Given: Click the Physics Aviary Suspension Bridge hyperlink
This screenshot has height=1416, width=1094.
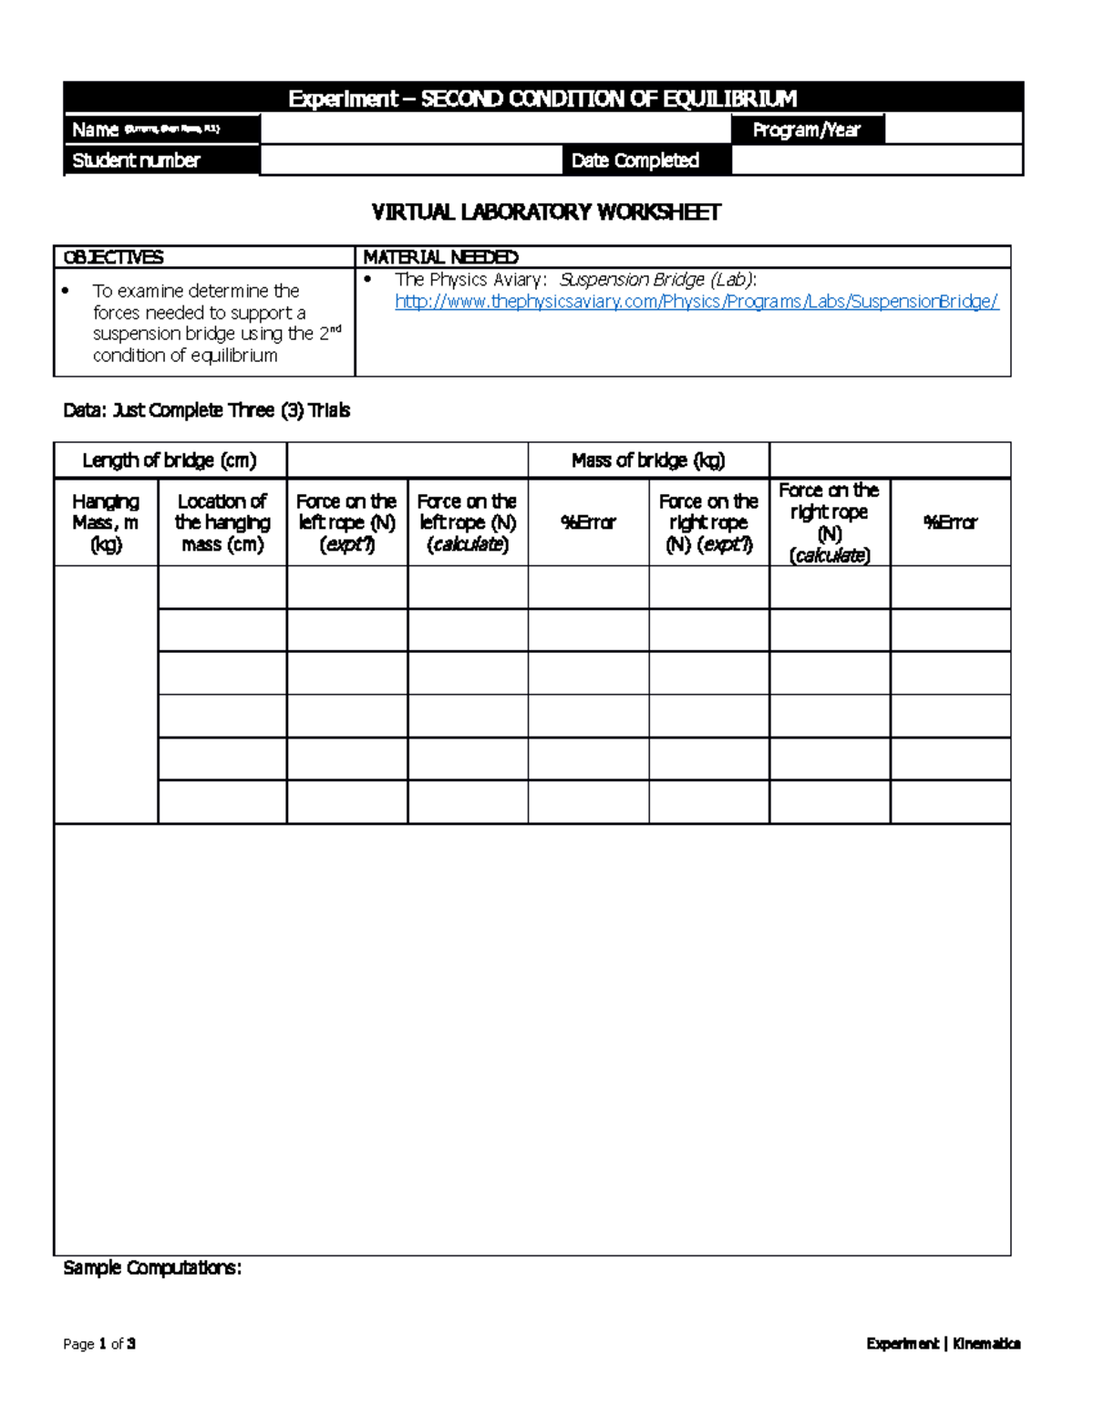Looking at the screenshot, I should (697, 302).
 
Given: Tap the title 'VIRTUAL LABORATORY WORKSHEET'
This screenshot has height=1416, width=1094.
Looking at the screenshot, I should (546, 212).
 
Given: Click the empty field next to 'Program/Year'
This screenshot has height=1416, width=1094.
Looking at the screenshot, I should (953, 129).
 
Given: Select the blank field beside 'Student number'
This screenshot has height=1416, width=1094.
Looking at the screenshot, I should (410, 160).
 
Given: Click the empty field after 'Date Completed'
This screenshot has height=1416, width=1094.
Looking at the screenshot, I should (876, 160).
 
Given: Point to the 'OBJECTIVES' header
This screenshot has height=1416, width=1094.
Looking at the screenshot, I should (113, 257).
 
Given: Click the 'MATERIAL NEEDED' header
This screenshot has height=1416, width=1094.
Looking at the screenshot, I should (440, 257).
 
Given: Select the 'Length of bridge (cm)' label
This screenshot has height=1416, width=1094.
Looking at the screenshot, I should (170, 460).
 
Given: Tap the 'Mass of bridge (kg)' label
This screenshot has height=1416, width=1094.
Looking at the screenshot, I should (648, 460).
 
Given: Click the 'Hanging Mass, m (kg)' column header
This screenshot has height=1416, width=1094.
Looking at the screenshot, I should (106, 522).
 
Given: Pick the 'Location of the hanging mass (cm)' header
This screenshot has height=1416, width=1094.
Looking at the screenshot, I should (222, 522).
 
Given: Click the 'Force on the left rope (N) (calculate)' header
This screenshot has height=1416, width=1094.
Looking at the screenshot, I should (468, 522).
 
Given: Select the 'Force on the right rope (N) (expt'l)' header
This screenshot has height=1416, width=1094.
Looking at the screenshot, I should (708, 522).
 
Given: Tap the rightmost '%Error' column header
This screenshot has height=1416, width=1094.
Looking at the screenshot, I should (950, 522).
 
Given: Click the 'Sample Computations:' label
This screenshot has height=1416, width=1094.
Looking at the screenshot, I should (152, 1268).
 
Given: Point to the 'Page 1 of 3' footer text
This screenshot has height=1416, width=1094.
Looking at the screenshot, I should (99, 1343).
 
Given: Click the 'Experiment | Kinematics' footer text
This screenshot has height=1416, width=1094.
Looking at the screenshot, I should (943, 1343).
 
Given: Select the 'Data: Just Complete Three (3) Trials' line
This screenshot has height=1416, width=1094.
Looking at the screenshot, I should (207, 410).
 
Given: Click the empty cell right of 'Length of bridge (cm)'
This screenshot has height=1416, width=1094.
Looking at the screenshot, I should (407, 460).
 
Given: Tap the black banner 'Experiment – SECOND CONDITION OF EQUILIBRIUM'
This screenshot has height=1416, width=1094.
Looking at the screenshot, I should (542, 98).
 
